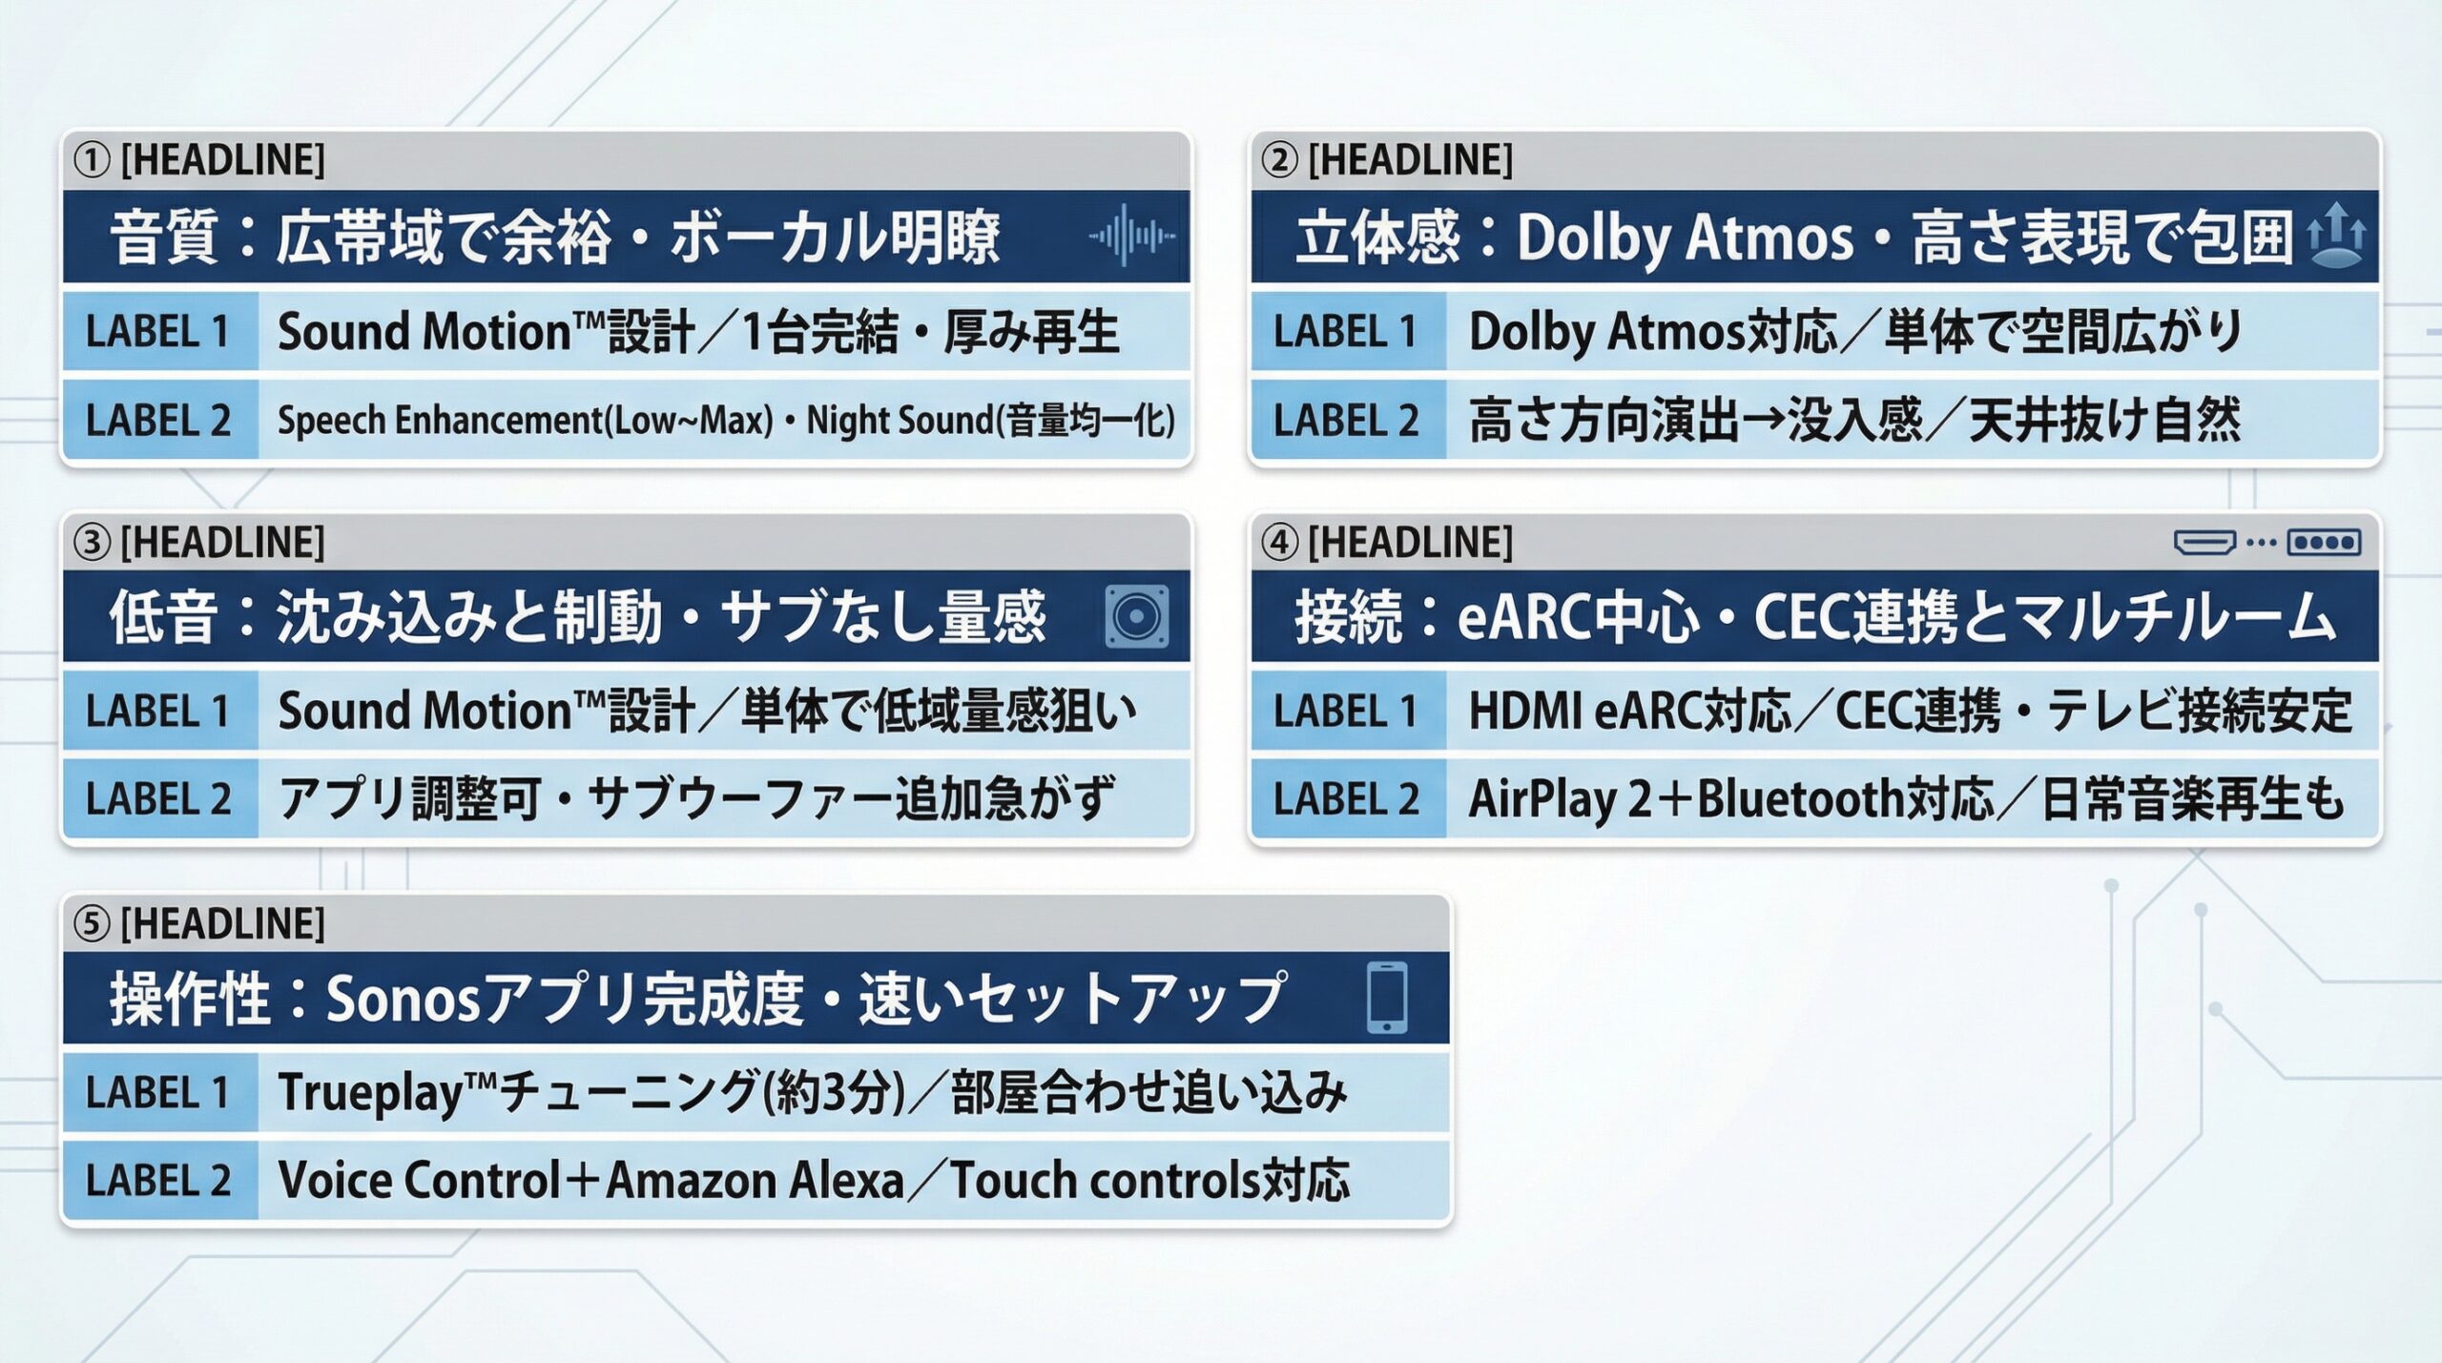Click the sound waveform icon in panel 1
click(1131, 236)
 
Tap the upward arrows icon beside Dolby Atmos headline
click(2335, 236)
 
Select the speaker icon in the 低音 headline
click(1136, 616)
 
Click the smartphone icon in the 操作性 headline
click(1386, 997)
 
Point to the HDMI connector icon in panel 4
click(2204, 543)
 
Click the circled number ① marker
click(93, 160)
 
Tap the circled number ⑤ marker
click(93, 923)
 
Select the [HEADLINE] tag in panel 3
click(222, 542)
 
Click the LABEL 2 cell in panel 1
click(158, 421)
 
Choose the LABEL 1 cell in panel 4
click(1346, 712)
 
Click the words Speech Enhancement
click(440, 421)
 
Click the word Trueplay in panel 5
click(369, 1093)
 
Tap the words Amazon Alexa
click(755, 1181)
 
